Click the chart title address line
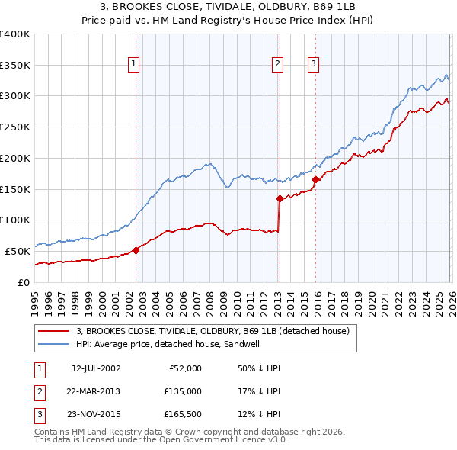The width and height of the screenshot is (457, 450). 228,6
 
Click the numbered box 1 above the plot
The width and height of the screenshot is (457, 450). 134,65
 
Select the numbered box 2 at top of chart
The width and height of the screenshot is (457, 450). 277,65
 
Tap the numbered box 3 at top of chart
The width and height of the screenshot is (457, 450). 313,65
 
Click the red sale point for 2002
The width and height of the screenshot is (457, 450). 136,249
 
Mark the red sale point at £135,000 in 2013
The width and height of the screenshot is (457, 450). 280,199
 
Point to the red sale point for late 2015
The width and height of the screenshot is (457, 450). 315,180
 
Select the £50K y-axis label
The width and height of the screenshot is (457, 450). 18,251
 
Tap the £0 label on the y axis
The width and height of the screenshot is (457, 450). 24,282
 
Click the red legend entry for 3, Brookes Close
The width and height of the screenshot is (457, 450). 213,331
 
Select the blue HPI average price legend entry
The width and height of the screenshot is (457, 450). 174,345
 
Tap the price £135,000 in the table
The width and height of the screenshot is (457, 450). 184,391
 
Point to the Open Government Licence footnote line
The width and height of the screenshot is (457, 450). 161,439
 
